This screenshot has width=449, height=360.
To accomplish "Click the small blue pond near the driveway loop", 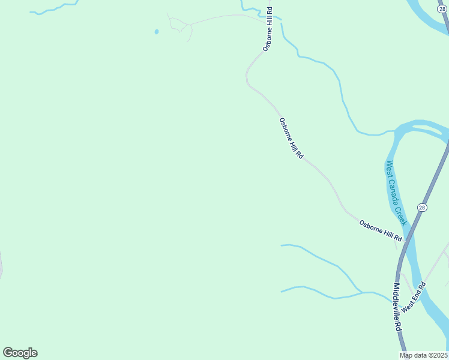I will coord(157,31).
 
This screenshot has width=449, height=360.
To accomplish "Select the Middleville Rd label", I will coord(397,308).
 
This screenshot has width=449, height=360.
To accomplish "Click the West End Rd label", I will coord(414,296).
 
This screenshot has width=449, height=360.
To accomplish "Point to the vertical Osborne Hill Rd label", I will coord(268,29).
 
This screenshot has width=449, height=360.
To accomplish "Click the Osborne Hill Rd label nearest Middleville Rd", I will coord(380,230).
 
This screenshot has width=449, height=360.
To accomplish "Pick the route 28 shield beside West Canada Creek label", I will coord(423,208).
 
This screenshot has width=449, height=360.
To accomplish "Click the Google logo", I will coord(20,352).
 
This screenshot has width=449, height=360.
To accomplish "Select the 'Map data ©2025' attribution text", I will coord(423,355).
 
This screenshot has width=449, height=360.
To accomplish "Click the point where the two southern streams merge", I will coord(362,293).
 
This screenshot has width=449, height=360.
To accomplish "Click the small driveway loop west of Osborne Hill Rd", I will coord(179,25).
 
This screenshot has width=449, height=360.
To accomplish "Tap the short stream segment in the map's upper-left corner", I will coord(54,8).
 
